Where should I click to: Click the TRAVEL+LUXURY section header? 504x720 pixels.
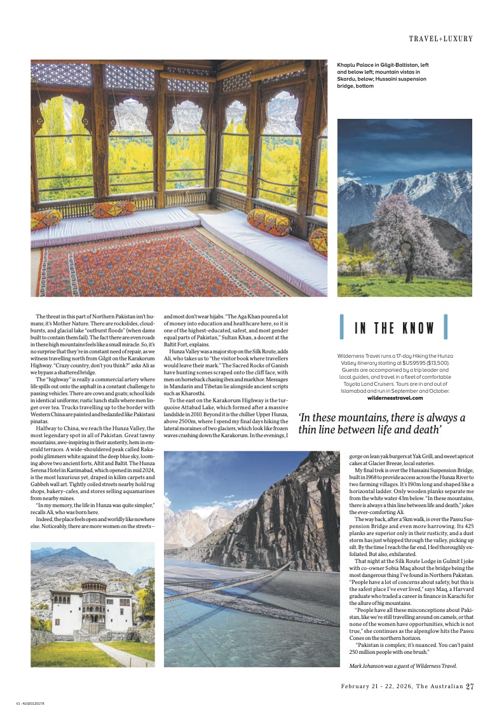[x=441, y=39]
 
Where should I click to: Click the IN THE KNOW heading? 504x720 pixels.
[x=394, y=329]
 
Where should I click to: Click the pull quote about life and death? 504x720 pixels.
[x=381, y=424]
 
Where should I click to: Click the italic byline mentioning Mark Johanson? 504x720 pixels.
[x=403, y=665]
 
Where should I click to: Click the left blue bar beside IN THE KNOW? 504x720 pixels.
[x=343, y=327]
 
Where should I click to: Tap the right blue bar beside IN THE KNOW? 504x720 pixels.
[x=446, y=327]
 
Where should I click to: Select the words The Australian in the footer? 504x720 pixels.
[x=443, y=686]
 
